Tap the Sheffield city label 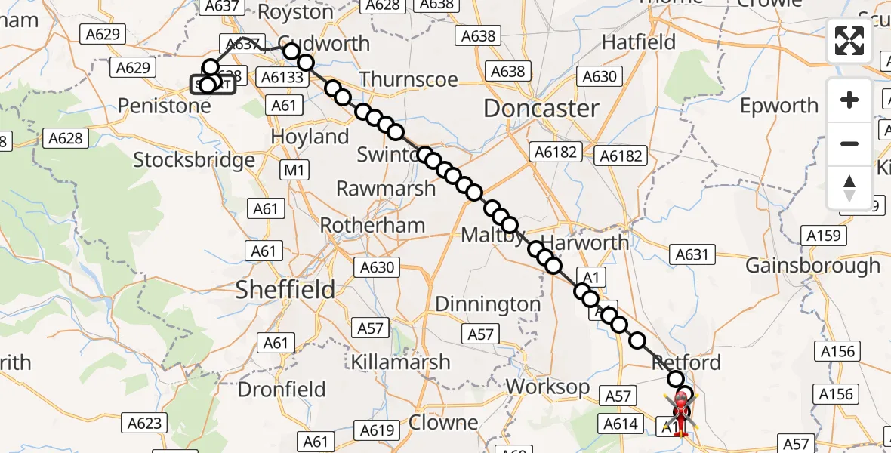(285, 289)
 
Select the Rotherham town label (372, 225)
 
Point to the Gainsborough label (812, 266)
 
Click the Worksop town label (547, 387)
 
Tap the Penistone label (165, 106)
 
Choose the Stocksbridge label (194, 160)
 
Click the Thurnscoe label (409, 79)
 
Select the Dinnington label (487, 304)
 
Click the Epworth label (779, 106)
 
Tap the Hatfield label (639, 42)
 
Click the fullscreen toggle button (849, 40)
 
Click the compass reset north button (849, 187)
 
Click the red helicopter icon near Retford (680, 411)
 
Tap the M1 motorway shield (294, 171)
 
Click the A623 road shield (143, 423)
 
